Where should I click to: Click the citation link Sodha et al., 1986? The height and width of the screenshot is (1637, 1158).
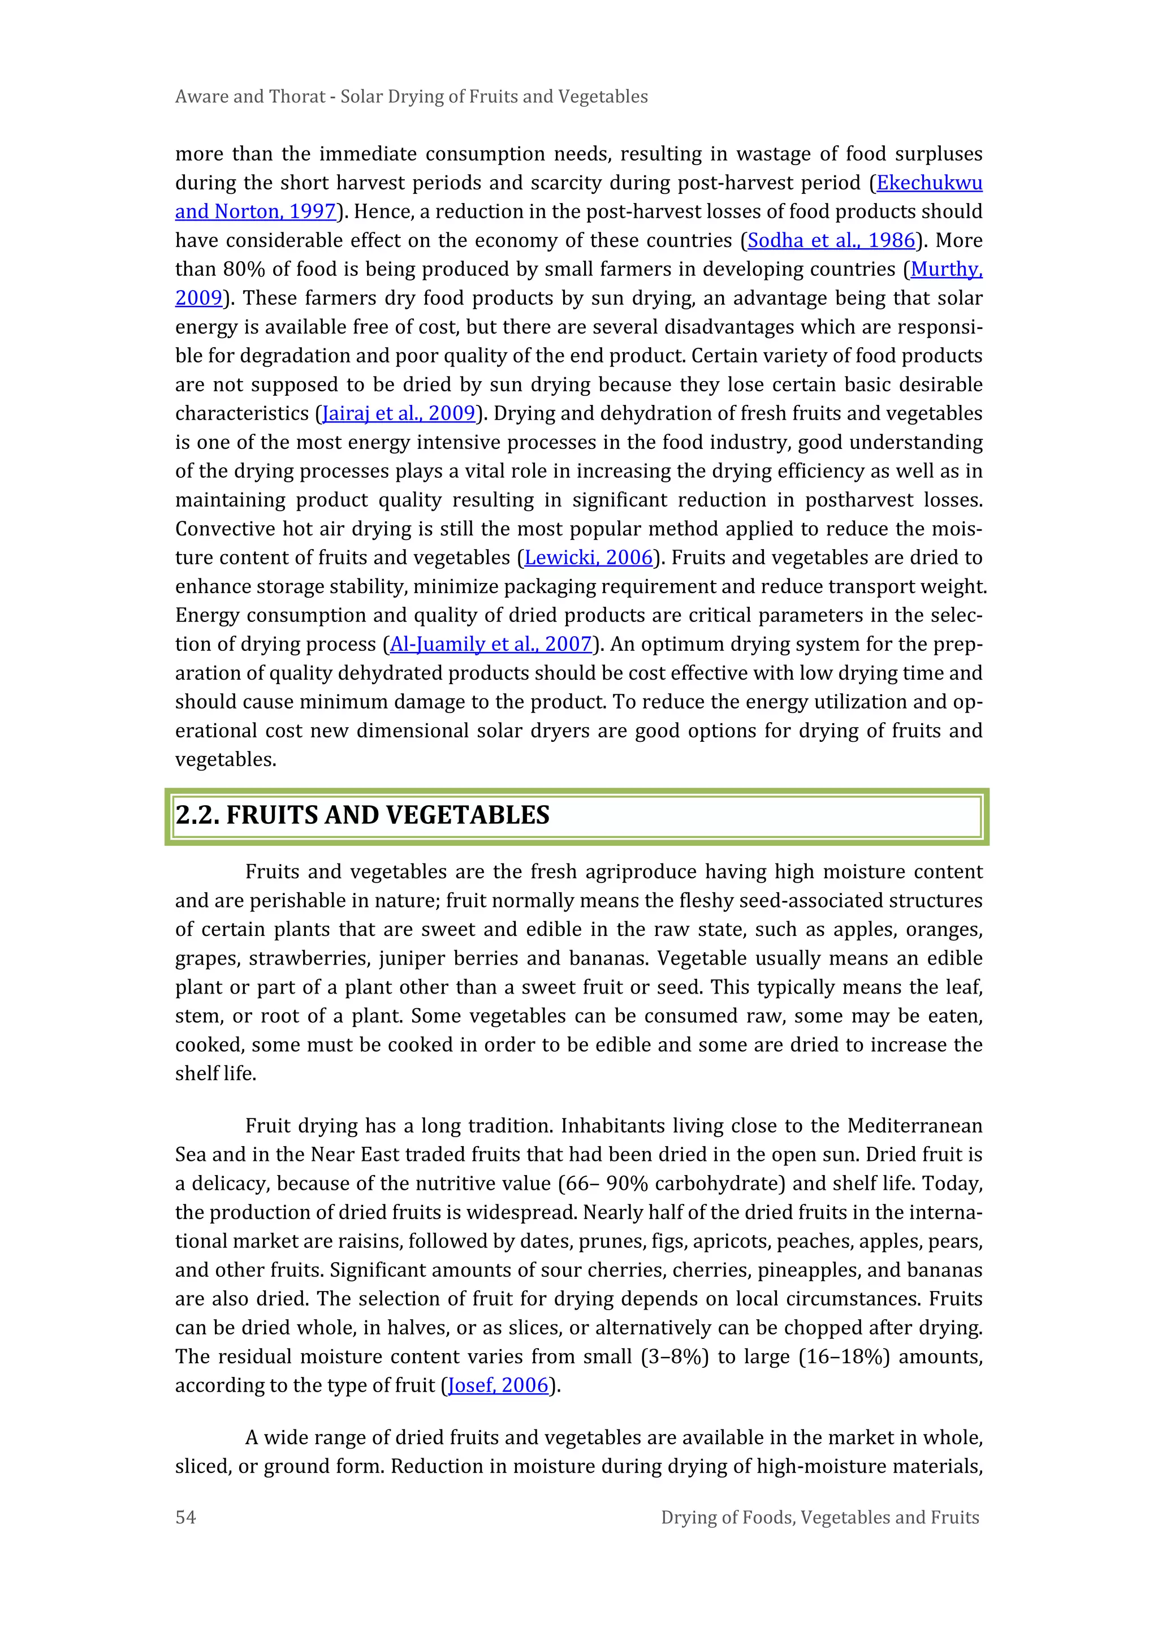click(x=831, y=240)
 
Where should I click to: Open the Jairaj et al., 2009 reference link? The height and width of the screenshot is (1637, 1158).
click(x=399, y=413)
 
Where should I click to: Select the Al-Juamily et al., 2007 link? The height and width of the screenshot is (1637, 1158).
click(x=491, y=645)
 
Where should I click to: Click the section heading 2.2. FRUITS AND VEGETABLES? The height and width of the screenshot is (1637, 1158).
click(x=362, y=815)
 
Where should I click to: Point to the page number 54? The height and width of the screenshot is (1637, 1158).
click(x=185, y=1517)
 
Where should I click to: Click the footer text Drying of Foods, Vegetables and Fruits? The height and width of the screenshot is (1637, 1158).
click(x=819, y=1517)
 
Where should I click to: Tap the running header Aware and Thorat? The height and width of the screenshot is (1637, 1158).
click(x=249, y=97)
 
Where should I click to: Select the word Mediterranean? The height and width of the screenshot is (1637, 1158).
click(x=914, y=1126)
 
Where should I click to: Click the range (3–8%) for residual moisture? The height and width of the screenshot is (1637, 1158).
click(x=674, y=1356)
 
